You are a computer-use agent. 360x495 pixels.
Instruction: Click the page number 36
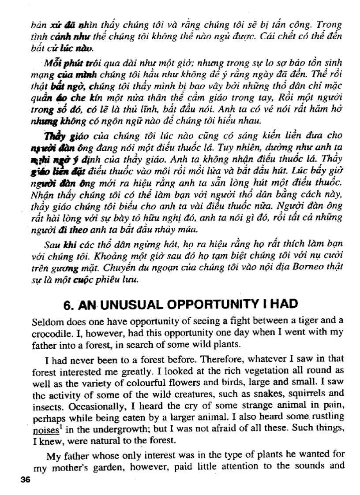coord(25,480)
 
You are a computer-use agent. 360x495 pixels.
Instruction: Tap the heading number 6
coord(70,304)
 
